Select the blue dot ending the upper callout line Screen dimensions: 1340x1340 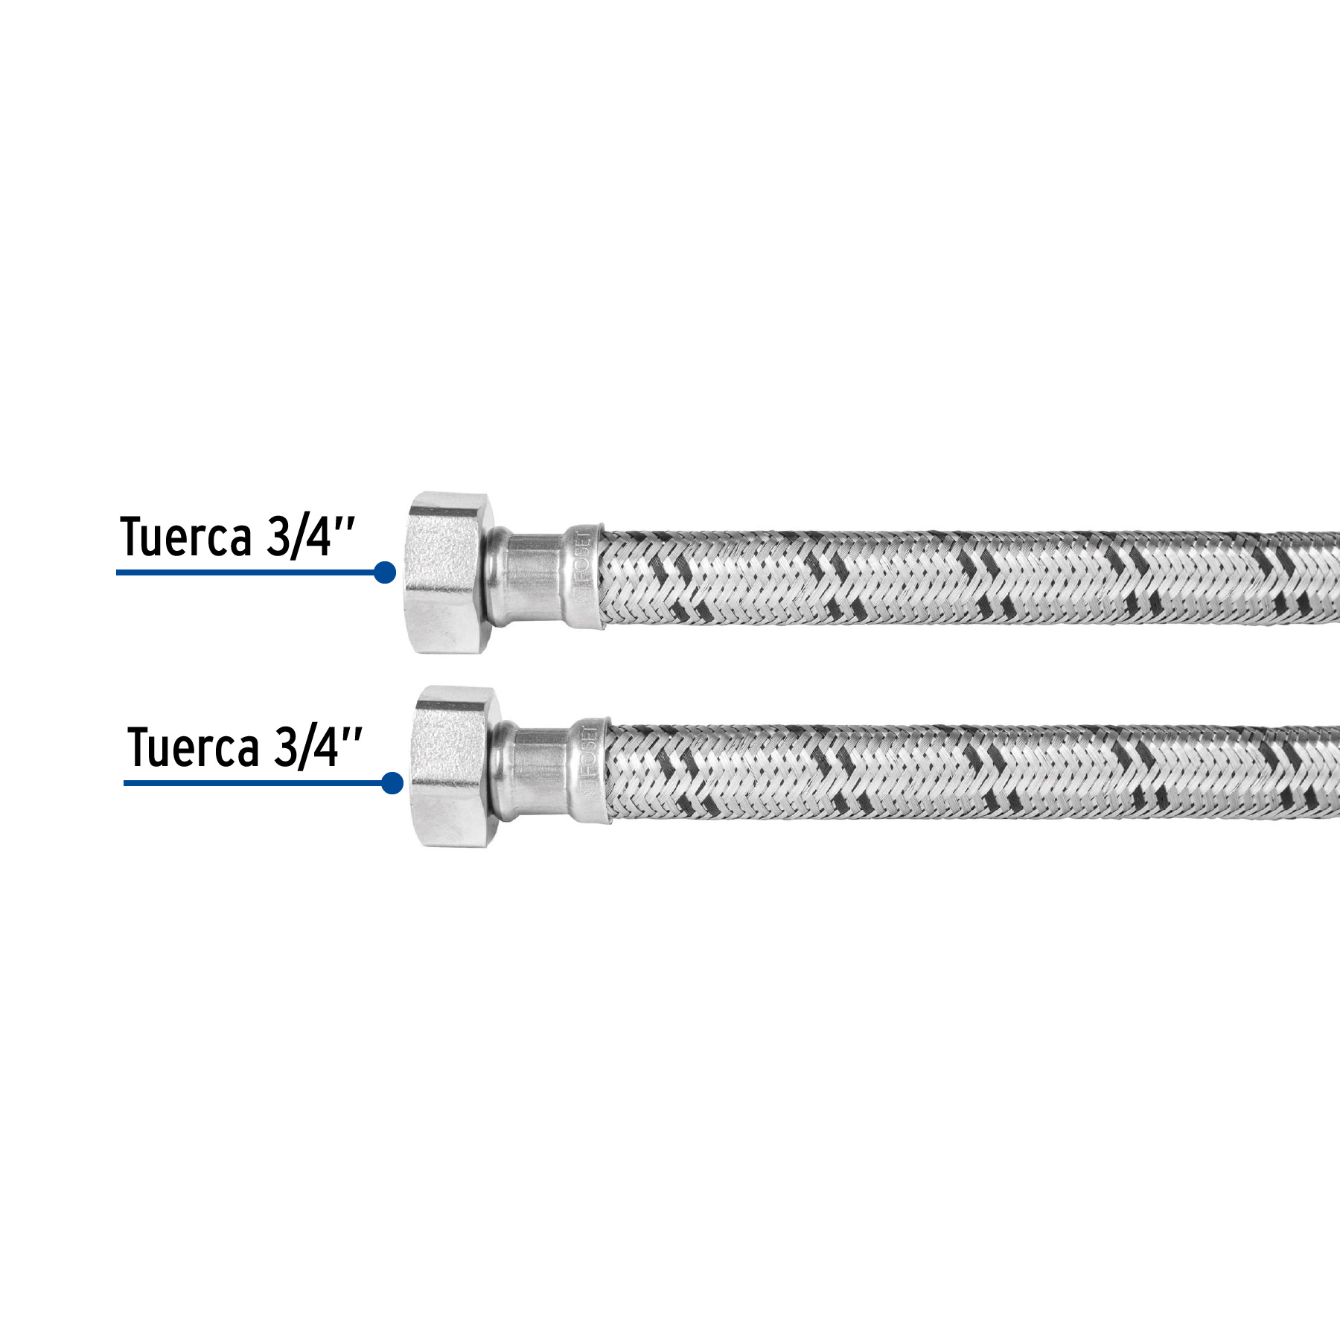pyautogui.click(x=385, y=572)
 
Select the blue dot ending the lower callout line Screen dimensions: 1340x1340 pyautogui.click(x=392, y=783)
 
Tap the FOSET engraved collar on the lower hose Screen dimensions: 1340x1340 pyautogui.click(x=591, y=770)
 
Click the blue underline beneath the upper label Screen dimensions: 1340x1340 pyautogui.click(x=246, y=572)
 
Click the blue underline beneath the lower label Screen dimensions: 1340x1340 pyautogui.click(x=253, y=783)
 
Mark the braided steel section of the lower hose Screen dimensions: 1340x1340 pyautogui.click(x=968, y=772)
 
